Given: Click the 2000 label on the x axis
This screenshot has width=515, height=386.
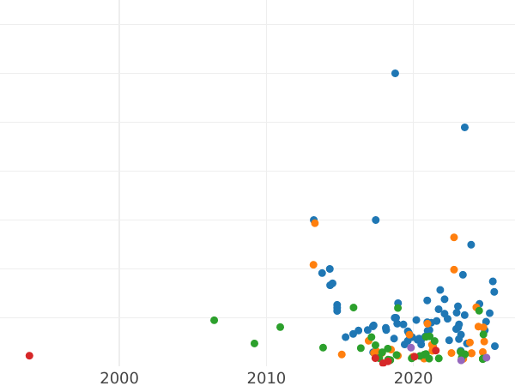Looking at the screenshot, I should [x=119, y=378].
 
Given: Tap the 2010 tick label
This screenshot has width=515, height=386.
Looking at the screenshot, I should [x=266, y=378].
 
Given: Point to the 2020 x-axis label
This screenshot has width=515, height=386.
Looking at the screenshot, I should [x=413, y=378].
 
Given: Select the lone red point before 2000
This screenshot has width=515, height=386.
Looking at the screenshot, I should [x=29, y=355].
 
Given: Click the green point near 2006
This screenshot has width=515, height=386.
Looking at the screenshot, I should [x=214, y=320].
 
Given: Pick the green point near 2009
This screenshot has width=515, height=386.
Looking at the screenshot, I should [x=254, y=343].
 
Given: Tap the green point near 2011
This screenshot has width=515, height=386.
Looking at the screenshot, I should [x=280, y=327].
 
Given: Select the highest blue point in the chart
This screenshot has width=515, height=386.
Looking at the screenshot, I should [x=395, y=73].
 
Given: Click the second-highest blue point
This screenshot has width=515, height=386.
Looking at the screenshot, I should [x=464, y=127].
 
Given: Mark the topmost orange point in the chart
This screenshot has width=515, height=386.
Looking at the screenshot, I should [x=315, y=223].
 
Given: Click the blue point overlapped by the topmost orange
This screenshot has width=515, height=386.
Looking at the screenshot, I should [x=313, y=220].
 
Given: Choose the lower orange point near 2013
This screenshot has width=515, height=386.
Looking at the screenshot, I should [x=313, y=265].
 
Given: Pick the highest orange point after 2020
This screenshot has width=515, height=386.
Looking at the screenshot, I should [x=454, y=238].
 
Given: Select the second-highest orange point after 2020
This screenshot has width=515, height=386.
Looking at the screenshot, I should [x=454, y=269].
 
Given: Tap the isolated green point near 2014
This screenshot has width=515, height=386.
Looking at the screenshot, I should [x=323, y=347].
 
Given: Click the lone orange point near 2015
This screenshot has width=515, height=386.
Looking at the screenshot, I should [x=342, y=354].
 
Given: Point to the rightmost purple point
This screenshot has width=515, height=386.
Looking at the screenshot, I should [x=486, y=358].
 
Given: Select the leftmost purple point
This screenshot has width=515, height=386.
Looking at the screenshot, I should [x=410, y=347].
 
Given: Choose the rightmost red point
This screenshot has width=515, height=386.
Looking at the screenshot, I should [x=435, y=350].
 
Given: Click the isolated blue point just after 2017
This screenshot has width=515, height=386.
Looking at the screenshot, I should [x=375, y=220].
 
